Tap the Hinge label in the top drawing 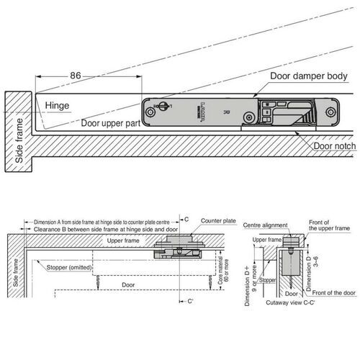tap(58, 106)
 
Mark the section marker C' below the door tap(190, 302)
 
